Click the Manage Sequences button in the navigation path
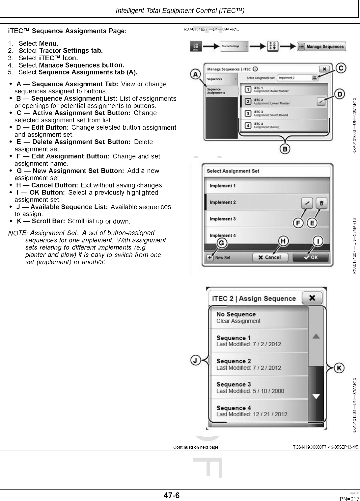[321, 47]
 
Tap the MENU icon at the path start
[195, 47]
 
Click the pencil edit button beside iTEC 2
[321, 102]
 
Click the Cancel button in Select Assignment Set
[270, 257]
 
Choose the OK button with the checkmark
[310, 257]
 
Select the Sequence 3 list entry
[259, 387]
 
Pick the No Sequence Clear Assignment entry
[259, 317]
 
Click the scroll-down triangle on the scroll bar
[316, 397]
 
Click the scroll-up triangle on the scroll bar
[316, 336]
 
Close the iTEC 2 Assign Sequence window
[312, 298]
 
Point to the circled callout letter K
[339, 368]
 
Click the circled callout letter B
[285, 149]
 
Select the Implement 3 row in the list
[267, 219]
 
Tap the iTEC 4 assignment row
[283, 125]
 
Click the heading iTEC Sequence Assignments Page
[67, 31]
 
